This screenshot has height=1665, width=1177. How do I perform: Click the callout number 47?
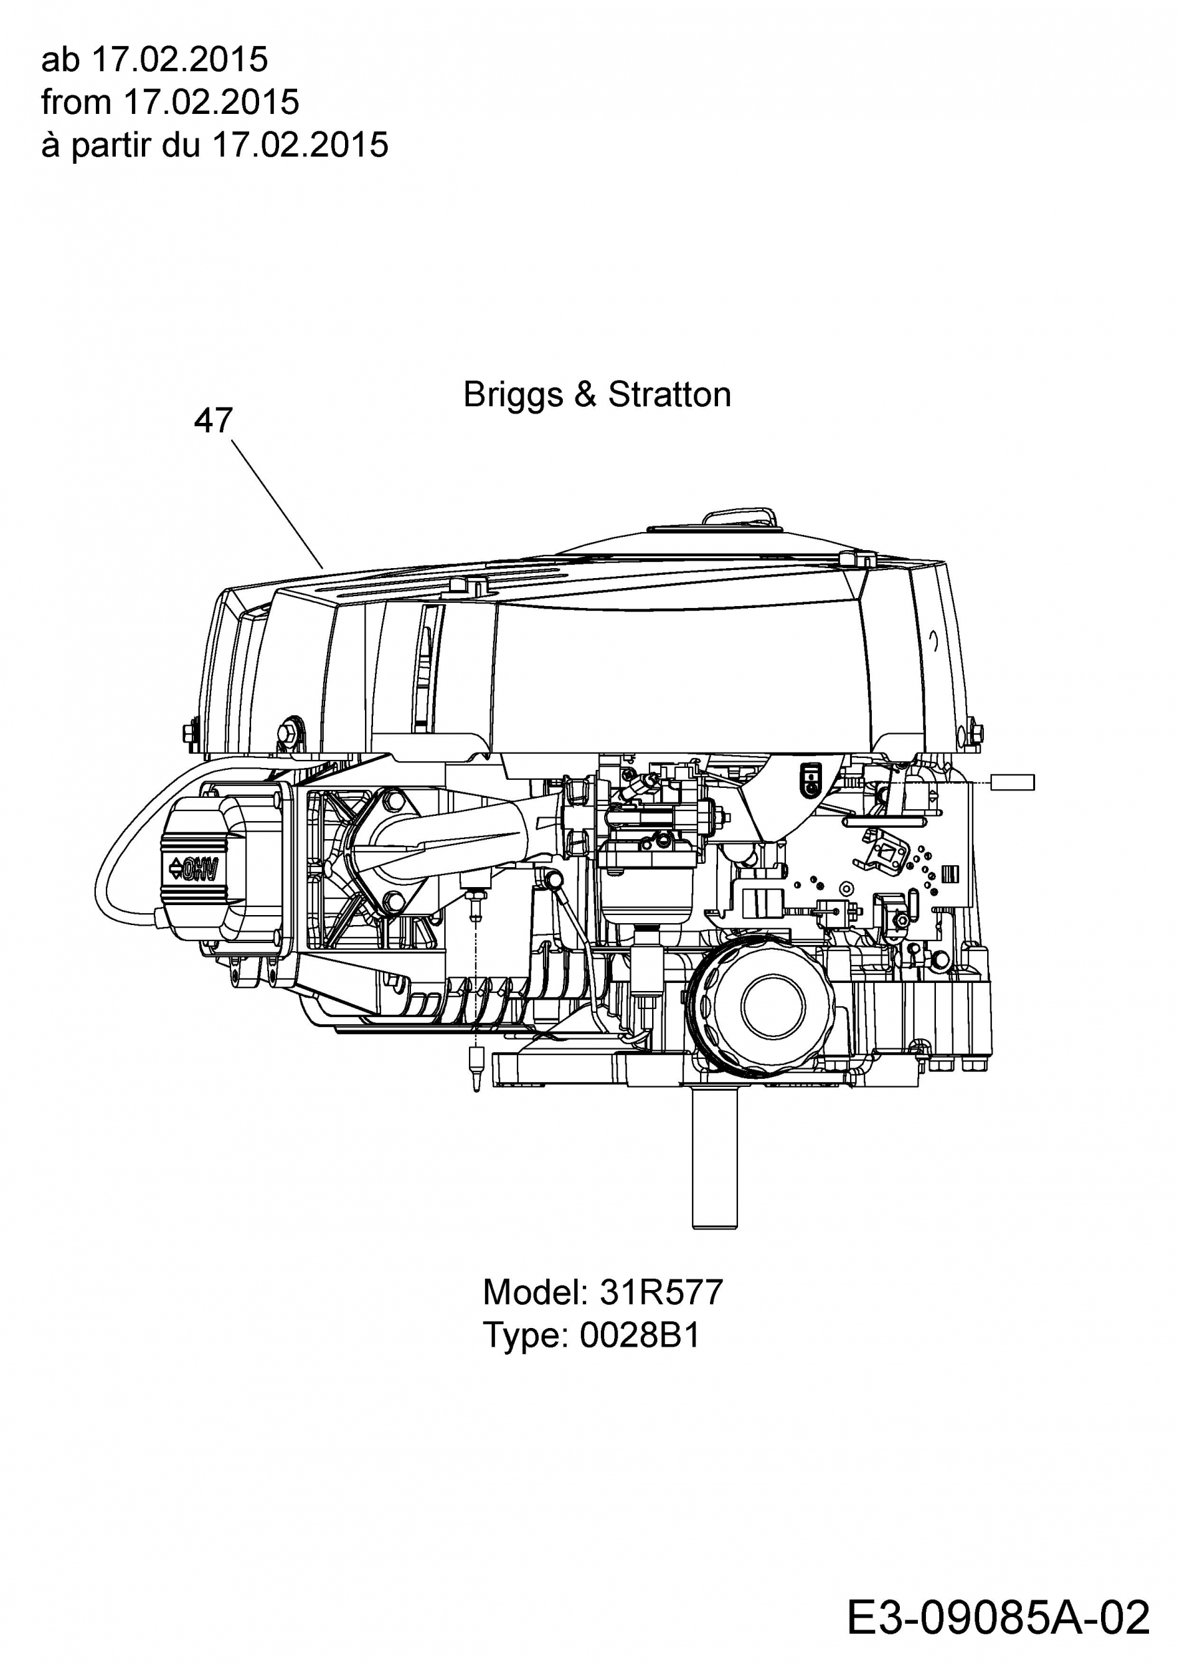pos(213,421)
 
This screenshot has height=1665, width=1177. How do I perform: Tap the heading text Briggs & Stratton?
pos(597,394)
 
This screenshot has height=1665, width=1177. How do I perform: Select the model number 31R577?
pos(661,1291)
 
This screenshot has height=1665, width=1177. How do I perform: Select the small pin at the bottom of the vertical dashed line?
pos(476,1068)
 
